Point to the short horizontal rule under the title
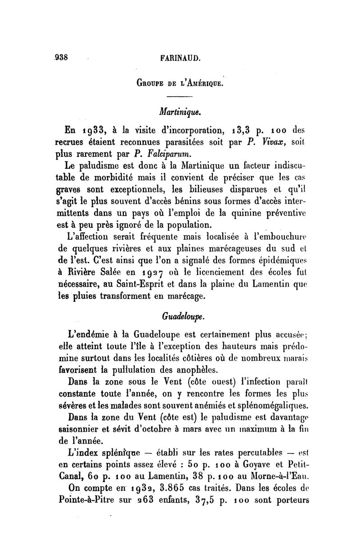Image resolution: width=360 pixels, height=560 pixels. click(x=180, y=98)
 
